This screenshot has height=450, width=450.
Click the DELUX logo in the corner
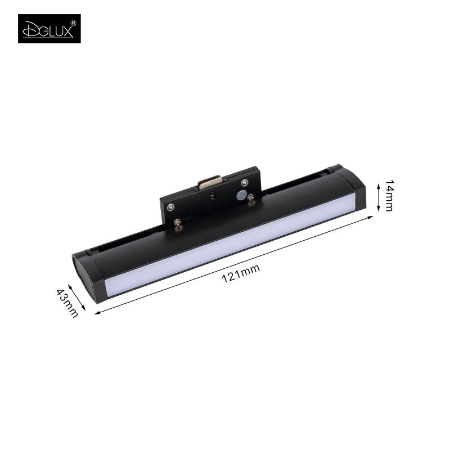pyautogui.click(x=49, y=29)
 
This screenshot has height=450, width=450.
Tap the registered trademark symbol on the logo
pyautogui.click(x=74, y=23)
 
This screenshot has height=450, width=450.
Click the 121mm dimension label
pyautogui.click(x=241, y=273)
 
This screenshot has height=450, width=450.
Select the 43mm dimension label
pyautogui.click(x=67, y=303)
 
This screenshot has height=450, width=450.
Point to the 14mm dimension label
pyautogui.click(x=389, y=196)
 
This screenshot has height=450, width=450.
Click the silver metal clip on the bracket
pyautogui.click(x=210, y=182)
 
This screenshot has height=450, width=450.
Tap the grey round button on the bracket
pyautogui.click(x=241, y=195)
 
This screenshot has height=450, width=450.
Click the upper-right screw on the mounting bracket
pyautogui.click(x=245, y=182)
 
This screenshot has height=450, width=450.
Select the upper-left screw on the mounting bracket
pyautogui.click(x=171, y=206)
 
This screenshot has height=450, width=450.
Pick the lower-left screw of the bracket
pyautogui.click(x=178, y=221)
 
